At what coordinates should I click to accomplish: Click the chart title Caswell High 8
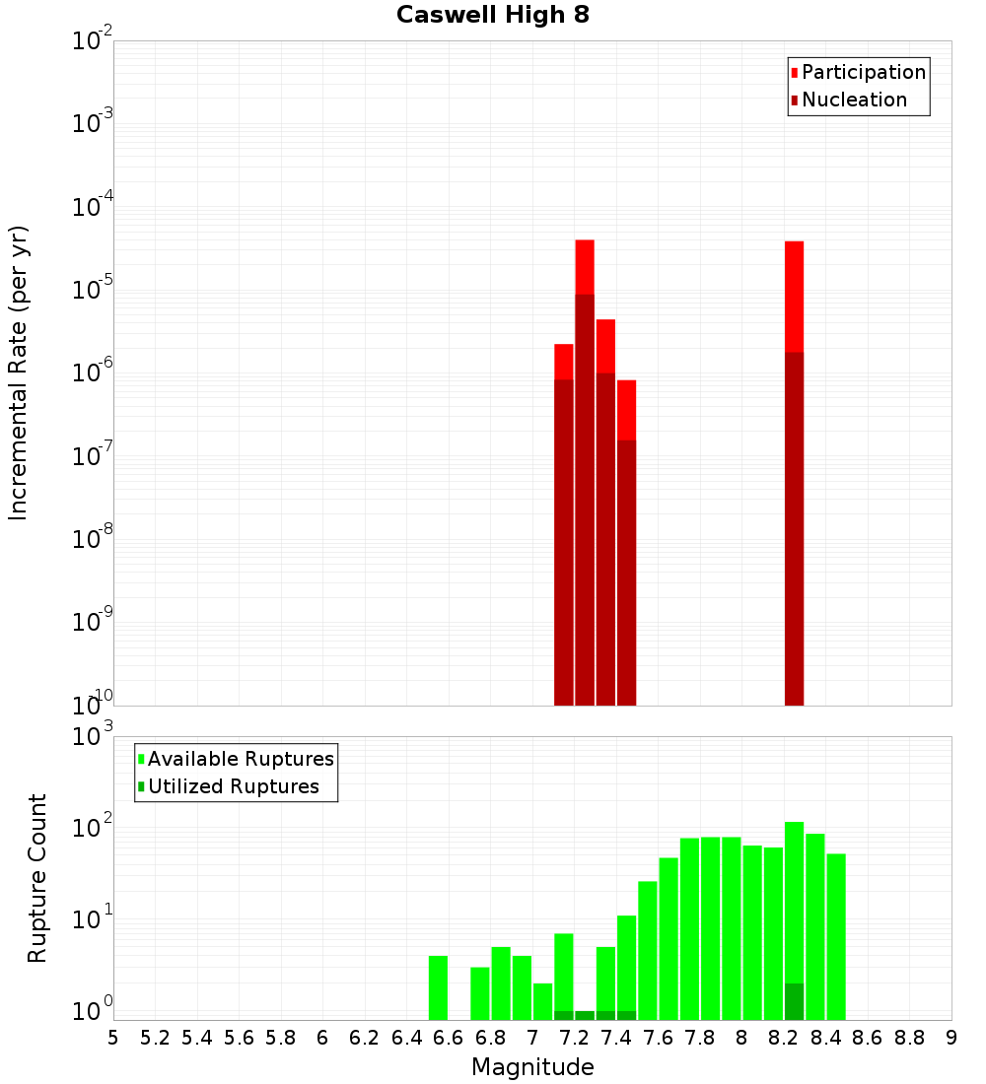click(492, 16)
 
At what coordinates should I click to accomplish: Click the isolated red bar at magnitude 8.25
click(795, 473)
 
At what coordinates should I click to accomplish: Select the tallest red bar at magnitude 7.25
click(585, 473)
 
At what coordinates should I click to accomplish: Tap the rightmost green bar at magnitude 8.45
click(836, 936)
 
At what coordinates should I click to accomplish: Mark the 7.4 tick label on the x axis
click(616, 1038)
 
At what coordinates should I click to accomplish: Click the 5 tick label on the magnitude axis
click(113, 1038)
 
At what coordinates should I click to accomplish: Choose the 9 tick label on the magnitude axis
click(951, 1038)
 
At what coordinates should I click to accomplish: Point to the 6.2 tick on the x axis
click(365, 1038)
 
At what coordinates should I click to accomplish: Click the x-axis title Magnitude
click(532, 1067)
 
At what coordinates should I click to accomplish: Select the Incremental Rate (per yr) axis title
click(20, 373)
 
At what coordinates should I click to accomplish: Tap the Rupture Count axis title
click(37, 878)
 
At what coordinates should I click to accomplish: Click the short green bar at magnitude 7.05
click(543, 1000)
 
